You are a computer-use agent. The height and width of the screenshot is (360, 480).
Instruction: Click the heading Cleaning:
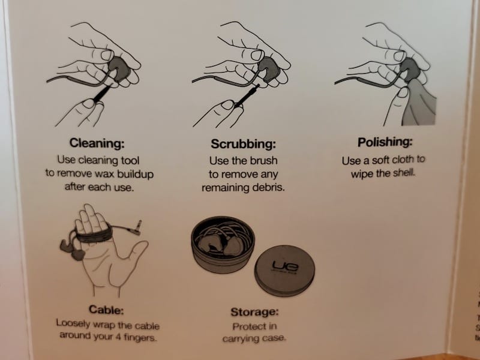click(x=97, y=143)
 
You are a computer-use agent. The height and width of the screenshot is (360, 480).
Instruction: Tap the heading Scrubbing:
click(x=244, y=143)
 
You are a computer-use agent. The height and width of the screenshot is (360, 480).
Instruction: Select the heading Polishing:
click(x=385, y=142)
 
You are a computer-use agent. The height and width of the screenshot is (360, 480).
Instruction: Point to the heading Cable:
click(x=106, y=310)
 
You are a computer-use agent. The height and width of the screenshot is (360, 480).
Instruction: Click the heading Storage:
click(x=254, y=312)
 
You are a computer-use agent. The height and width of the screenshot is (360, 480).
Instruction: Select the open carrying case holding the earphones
click(x=223, y=244)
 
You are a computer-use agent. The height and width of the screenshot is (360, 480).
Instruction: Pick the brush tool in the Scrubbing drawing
click(x=247, y=95)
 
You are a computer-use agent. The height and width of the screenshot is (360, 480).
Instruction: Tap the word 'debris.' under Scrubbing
click(x=268, y=187)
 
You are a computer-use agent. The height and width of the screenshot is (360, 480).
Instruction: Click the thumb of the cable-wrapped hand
click(x=134, y=250)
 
